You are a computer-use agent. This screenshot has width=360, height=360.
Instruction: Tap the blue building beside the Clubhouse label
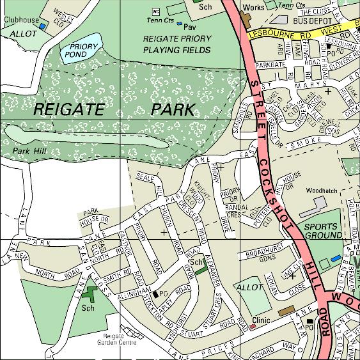[x=43, y=27]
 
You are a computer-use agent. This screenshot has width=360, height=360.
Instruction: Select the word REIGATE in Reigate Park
[x=68, y=109]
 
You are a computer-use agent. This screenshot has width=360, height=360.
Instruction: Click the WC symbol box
[x=155, y=12]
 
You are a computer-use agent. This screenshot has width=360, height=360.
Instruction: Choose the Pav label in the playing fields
[x=189, y=27]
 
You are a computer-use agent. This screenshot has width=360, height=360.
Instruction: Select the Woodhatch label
[x=321, y=191]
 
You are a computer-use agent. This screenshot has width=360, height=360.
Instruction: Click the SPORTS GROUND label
[x=324, y=231]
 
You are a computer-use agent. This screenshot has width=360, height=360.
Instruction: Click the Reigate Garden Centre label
[x=121, y=339]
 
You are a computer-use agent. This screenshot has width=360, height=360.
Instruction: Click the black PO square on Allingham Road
[x=154, y=293]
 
